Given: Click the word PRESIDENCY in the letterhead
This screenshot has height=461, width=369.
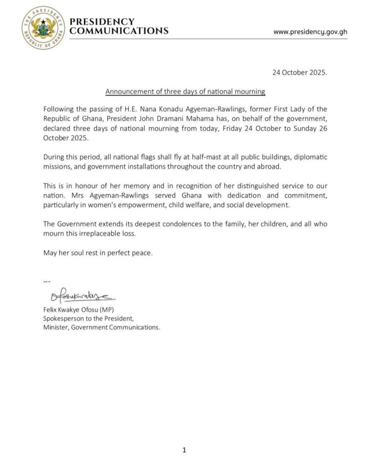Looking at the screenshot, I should pos(102,21).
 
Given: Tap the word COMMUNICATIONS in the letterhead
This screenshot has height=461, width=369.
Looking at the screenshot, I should pos(119,31).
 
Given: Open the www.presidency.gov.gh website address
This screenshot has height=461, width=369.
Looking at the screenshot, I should pos(310,32).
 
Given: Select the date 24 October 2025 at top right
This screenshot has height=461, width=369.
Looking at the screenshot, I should pos(300,72).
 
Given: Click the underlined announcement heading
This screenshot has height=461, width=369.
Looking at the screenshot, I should pos(185,92).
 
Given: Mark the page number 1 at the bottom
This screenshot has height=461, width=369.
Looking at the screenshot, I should pos(184,451).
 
